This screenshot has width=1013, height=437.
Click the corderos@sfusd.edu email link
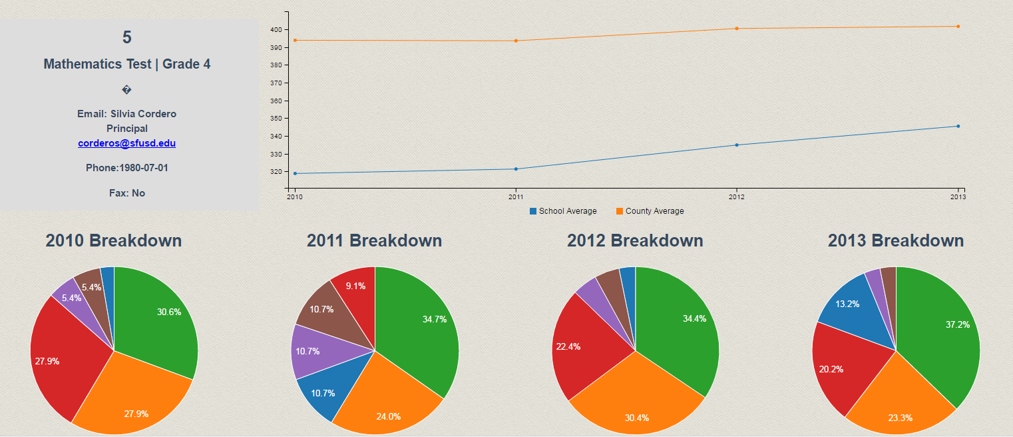[x=126, y=143]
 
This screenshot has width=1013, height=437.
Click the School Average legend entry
[x=566, y=211]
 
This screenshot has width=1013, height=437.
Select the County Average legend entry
[x=653, y=211]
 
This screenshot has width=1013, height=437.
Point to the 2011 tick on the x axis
[x=516, y=197]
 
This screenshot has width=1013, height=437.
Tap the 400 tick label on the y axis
[x=275, y=30]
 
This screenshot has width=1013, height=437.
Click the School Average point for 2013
[x=958, y=126]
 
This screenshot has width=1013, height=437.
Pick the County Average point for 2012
[x=736, y=29]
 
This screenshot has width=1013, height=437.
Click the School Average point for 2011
[x=516, y=169]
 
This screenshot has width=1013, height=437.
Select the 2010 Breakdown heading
[x=114, y=240]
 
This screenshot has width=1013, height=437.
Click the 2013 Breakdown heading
[x=896, y=240]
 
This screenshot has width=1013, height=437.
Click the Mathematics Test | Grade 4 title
[x=127, y=64]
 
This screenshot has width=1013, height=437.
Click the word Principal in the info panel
[x=127, y=129]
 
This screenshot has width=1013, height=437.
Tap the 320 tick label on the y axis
[x=275, y=172]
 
